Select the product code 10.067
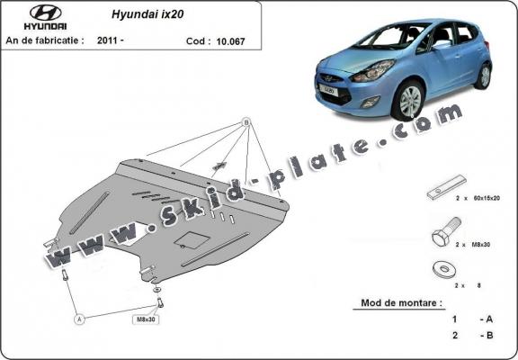[x=234, y=40]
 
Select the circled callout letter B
[x=246, y=122]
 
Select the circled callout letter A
[x=79, y=318]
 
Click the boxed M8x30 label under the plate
[x=147, y=319]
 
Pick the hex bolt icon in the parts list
[x=442, y=239]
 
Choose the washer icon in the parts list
[x=443, y=269]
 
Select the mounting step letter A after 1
[x=486, y=319]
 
